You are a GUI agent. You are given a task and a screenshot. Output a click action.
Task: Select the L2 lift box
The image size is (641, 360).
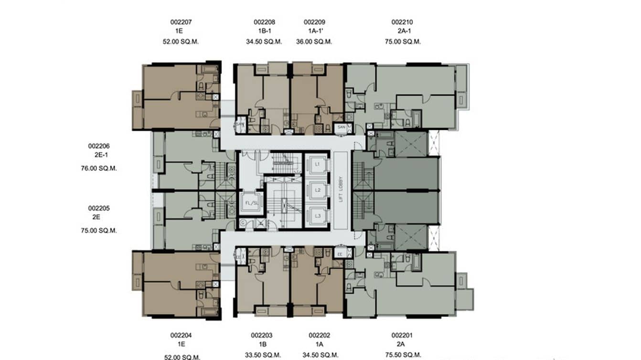317,190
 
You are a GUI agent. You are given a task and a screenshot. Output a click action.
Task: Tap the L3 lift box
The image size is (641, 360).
317,216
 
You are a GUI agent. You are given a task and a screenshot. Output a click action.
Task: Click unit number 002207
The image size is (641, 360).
181,22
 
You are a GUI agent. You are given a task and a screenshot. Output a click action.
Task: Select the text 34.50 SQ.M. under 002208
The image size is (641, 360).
264,42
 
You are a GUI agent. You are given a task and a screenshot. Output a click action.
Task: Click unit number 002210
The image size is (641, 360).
402,22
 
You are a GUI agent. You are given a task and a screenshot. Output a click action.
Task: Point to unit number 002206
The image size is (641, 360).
99,146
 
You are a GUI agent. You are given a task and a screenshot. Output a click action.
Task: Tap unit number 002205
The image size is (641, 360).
99,208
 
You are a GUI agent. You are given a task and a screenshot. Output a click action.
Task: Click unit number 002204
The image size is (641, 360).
181,335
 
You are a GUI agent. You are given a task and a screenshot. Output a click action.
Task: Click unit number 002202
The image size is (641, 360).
319,335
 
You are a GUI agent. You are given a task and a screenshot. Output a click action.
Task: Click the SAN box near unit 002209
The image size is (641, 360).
341,127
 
